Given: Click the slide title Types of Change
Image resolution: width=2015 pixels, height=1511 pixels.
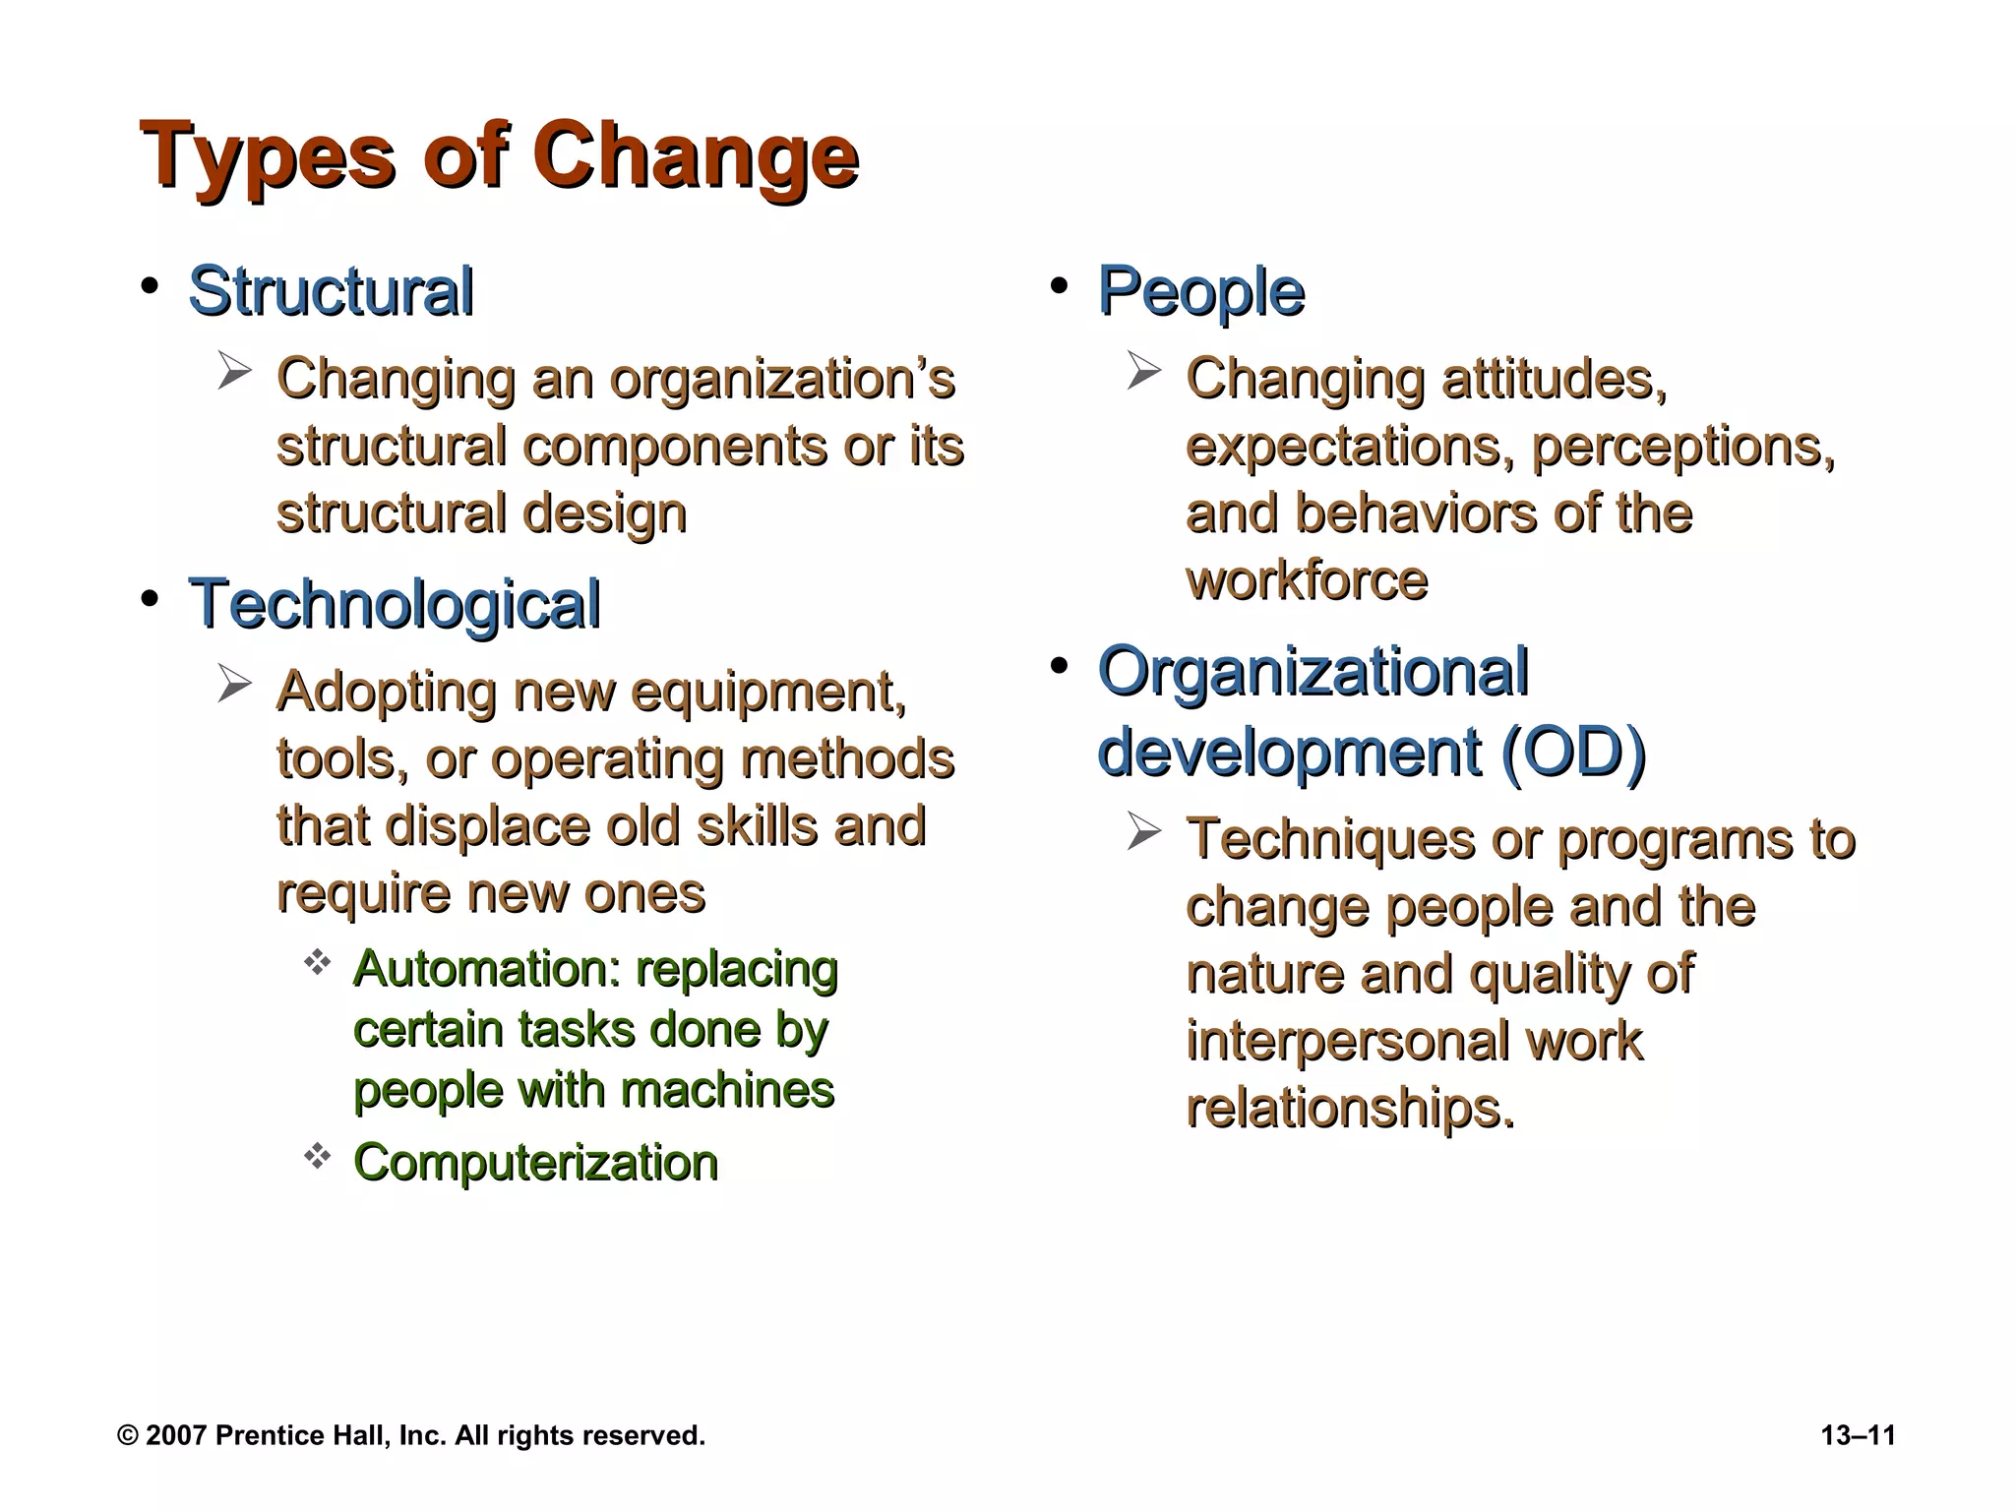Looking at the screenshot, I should click(x=500, y=156).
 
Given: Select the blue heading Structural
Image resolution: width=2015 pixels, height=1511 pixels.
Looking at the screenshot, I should click(x=331, y=291).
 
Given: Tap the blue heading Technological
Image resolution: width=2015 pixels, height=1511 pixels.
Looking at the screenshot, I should click(x=395, y=604).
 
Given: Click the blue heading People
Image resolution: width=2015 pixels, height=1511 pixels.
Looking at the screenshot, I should click(x=1201, y=291).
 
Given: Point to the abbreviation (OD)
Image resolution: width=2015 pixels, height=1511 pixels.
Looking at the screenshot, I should click(x=1573, y=753).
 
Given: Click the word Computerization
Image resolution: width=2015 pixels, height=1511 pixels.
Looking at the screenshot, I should click(x=536, y=1163).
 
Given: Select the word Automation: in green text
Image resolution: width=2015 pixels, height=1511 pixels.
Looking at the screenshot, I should click(x=487, y=969).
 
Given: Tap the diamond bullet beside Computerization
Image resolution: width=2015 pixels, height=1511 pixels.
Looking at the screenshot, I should click(x=317, y=1157).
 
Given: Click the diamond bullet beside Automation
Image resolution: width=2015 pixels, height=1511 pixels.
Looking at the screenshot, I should click(x=317, y=963).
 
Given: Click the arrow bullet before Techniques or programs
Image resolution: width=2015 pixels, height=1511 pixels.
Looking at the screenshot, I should click(x=1144, y=832).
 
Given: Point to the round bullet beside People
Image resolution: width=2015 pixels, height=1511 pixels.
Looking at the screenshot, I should click(x=1059, y=286).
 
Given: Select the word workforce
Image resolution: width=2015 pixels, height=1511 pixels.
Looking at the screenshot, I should click(x=1307, y=580).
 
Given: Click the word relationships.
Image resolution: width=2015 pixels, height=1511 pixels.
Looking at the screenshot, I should click(x=1350, y=1109).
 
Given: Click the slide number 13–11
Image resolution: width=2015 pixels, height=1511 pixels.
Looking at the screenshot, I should click(x=1858, y=1436).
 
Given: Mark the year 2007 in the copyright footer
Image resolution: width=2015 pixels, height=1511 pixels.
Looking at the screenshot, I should click(x=176, y=1436).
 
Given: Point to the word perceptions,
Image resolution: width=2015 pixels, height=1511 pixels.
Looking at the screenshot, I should click(x=1683, y=448).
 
